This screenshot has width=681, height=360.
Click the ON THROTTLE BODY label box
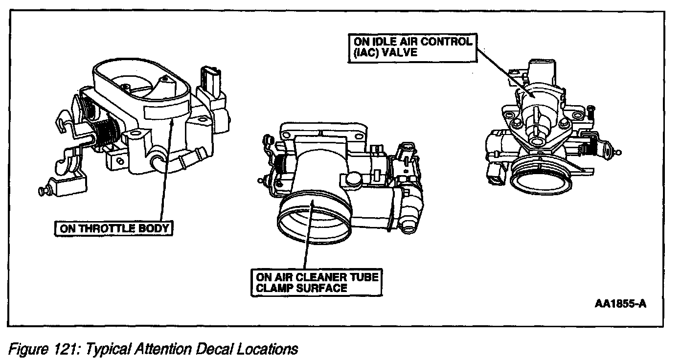(113, 228)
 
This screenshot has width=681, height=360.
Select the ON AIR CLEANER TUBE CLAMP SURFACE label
(316, 282)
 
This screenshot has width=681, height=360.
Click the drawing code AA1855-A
(621, 303)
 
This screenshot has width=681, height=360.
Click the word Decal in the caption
(216, 350)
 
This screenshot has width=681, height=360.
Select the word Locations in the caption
(269, 350)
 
